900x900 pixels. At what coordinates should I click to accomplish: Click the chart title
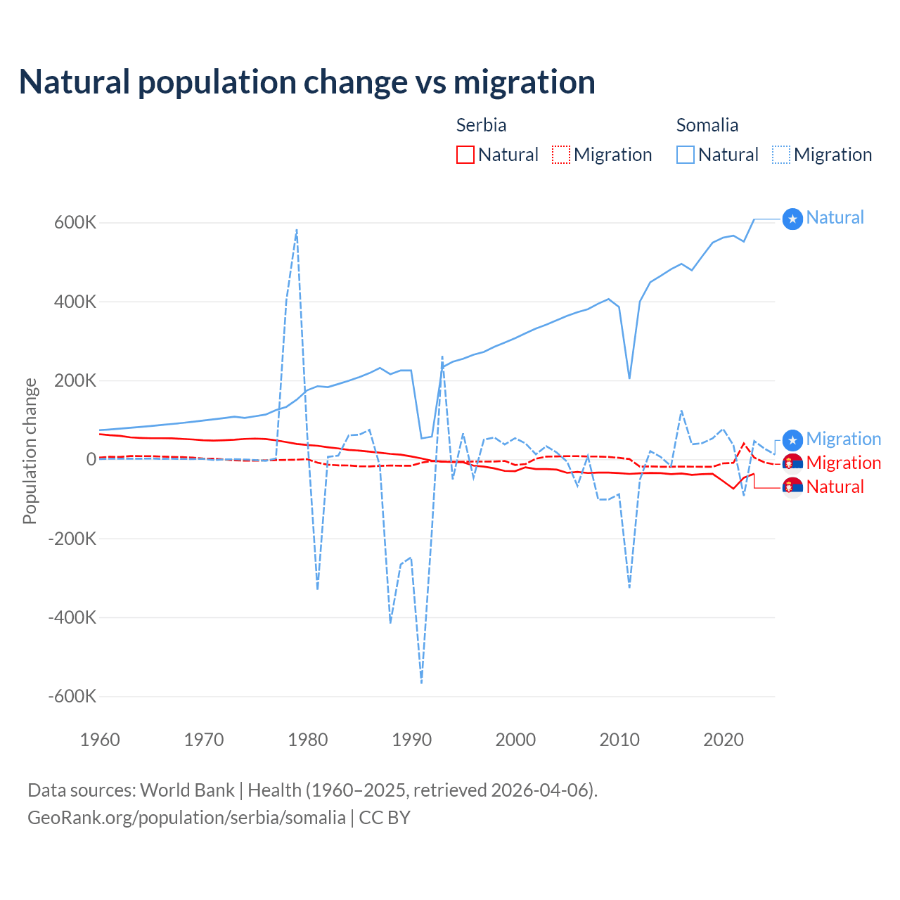pos(307,82)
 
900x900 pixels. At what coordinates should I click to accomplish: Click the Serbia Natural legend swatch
pos(465,155)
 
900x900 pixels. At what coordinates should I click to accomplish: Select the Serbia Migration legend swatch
pos(561,155)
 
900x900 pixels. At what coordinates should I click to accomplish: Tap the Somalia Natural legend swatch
pos(686,155)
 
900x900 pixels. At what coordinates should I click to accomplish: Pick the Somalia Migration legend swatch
pos(781,155)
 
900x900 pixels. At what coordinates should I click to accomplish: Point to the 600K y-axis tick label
pos(75,223)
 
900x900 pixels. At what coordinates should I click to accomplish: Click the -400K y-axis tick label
pos(72,617)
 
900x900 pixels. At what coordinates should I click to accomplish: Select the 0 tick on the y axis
pos(91,459)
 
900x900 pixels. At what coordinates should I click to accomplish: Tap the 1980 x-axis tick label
pos(308,740)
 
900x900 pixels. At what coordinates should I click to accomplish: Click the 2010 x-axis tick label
pos(619,740)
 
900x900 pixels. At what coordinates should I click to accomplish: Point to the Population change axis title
pos(30,451)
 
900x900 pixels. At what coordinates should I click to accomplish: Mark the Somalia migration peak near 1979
pos(297,230)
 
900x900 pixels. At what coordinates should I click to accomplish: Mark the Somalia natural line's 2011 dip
pos(629,378)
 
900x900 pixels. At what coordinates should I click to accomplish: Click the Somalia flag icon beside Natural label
pos(792,219)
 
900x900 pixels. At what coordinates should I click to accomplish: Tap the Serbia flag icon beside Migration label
pos(792,463)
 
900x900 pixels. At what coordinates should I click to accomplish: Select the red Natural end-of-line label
pos(835,487)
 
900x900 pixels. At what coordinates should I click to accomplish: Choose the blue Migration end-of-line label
pos(843,439)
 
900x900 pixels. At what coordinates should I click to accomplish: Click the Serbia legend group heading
pos(481,125)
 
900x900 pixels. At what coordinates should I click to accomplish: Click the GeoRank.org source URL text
pos(186,818)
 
